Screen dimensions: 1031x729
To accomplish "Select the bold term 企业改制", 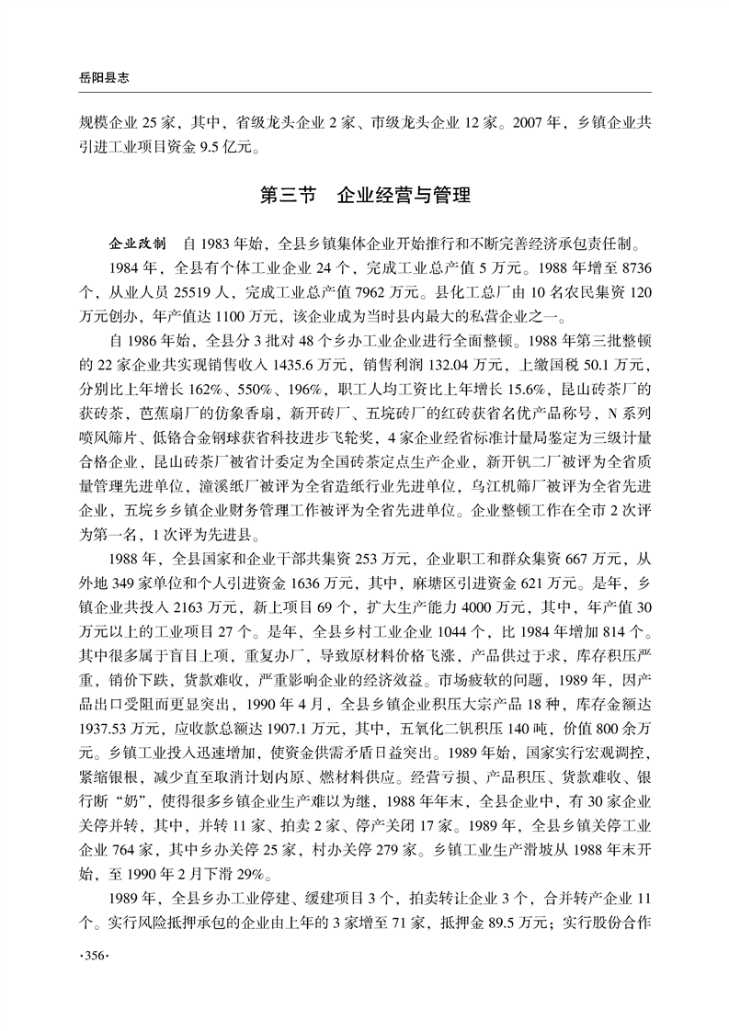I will pos(138,246).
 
